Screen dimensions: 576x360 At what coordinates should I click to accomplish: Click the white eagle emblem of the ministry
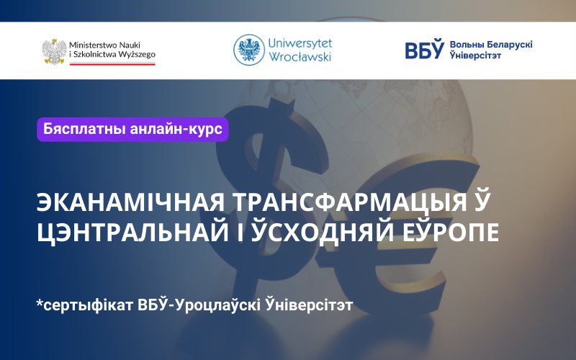tap(55, 51)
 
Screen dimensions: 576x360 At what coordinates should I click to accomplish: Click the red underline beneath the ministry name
tap(112, 64)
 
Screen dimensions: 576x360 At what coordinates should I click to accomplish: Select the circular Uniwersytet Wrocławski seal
tap(248, 50)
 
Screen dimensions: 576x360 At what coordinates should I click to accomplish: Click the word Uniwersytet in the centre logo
tap(300, 43)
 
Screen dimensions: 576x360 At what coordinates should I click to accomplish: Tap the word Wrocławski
tap(300, 57)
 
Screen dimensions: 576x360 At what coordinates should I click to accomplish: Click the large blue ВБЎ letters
tap(424, 49)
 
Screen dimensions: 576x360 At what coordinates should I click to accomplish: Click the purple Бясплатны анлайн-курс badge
tap(132, 130)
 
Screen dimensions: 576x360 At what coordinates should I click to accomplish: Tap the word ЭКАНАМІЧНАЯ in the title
tap(131, 202)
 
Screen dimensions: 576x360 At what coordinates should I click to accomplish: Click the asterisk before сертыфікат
tap(40, 302)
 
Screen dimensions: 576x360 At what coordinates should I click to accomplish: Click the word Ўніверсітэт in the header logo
tap(475, 55)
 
